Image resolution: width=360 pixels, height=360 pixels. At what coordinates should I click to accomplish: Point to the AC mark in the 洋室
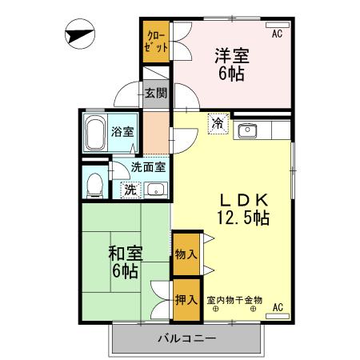(x=277, y=34)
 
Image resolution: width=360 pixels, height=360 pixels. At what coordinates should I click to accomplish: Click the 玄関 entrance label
(x=156, y=93)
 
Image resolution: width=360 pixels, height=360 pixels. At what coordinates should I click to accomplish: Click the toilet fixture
(x=94, y=183)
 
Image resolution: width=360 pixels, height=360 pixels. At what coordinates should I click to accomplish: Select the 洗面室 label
(x=149, y=168)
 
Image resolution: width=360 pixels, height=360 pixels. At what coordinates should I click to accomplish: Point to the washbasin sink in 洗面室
(x=154, y=190)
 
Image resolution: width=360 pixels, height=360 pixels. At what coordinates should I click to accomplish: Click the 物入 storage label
(x=185, y=254)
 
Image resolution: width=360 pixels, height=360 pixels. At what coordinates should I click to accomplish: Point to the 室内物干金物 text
(x=234, y=300)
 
